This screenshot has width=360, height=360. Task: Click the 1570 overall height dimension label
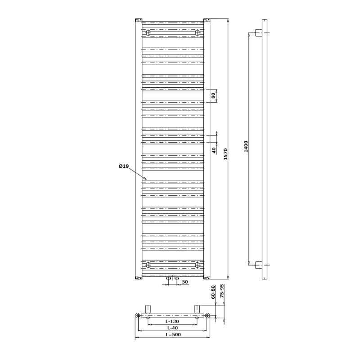tap(225, 154)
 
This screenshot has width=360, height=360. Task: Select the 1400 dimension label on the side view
tap(246, 147)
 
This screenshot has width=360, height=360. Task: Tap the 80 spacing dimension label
tap(213, 95)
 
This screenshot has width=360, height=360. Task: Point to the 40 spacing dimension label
tap(214, 150)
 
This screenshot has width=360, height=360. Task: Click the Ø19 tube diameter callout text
tap(124, 166)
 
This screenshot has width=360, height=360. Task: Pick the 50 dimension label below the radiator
tap(185, 282)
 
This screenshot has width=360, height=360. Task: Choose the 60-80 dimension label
tap(213, 292)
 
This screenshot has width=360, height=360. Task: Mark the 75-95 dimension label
tap(222, 291)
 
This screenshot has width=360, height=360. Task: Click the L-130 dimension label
tap(172, 321)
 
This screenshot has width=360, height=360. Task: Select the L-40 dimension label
tap(172, 328)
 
